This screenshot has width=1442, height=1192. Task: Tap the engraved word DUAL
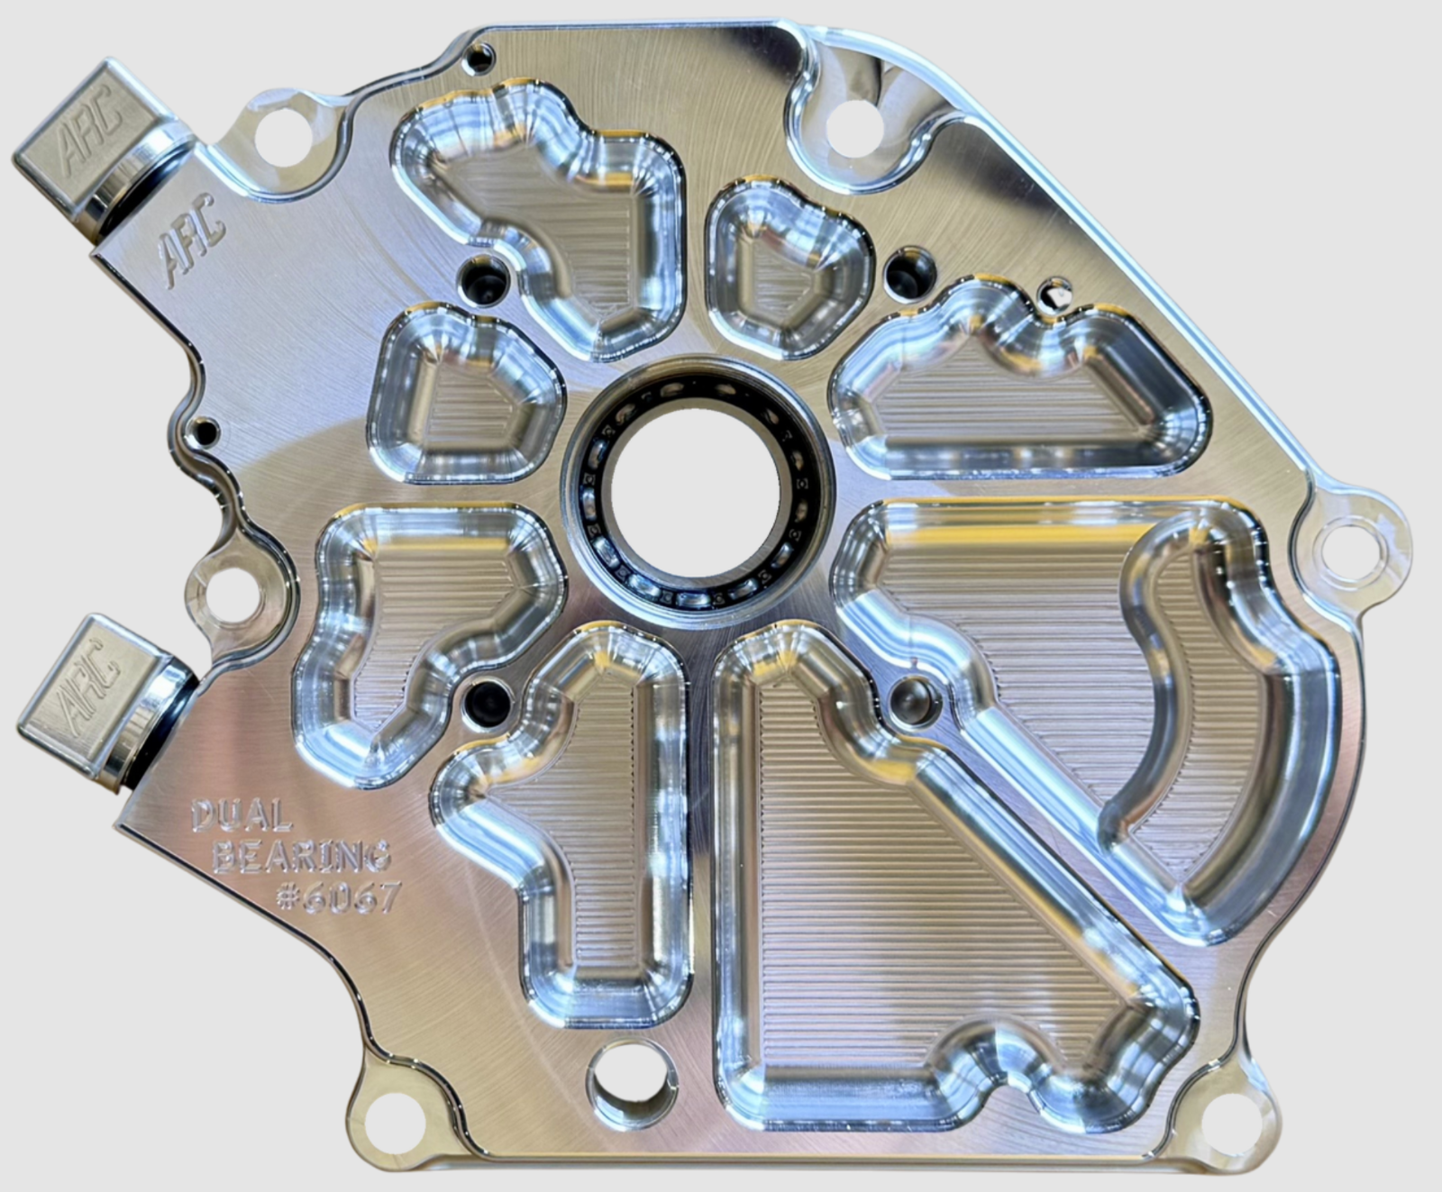point(242,816)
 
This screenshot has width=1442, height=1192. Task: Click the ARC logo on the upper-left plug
point(91,136)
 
